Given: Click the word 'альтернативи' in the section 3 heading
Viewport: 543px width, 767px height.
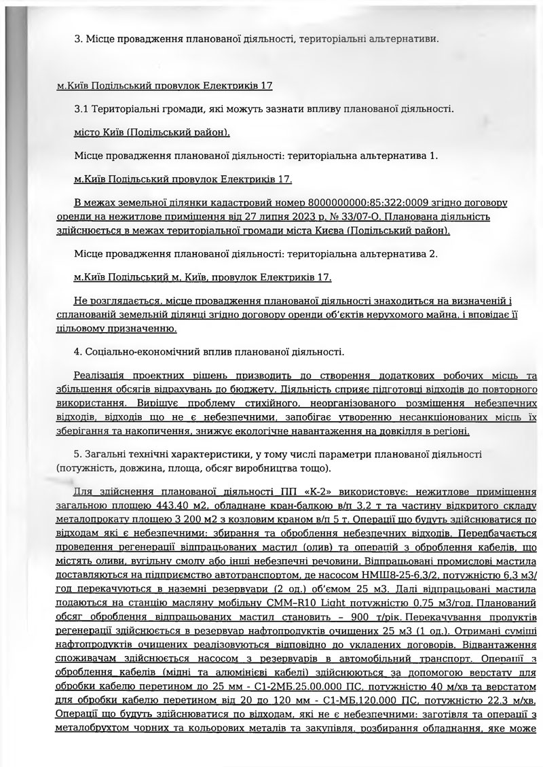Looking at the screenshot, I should pos(404,38).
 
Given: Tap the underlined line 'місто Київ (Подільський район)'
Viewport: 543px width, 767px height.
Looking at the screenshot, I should pos(152,132).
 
